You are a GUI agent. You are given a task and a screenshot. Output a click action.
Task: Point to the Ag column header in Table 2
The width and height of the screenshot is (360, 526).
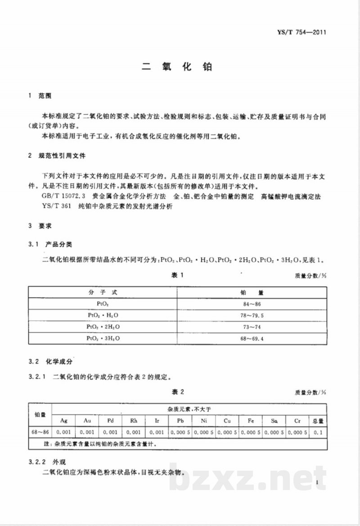click(64, 420)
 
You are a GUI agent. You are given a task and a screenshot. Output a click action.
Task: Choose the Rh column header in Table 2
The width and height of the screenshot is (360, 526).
click(134, 420)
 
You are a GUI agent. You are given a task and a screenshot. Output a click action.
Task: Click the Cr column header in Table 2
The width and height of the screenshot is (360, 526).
click(297, 420)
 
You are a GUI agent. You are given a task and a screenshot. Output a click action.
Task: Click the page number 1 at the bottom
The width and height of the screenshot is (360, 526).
click(317, 483)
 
